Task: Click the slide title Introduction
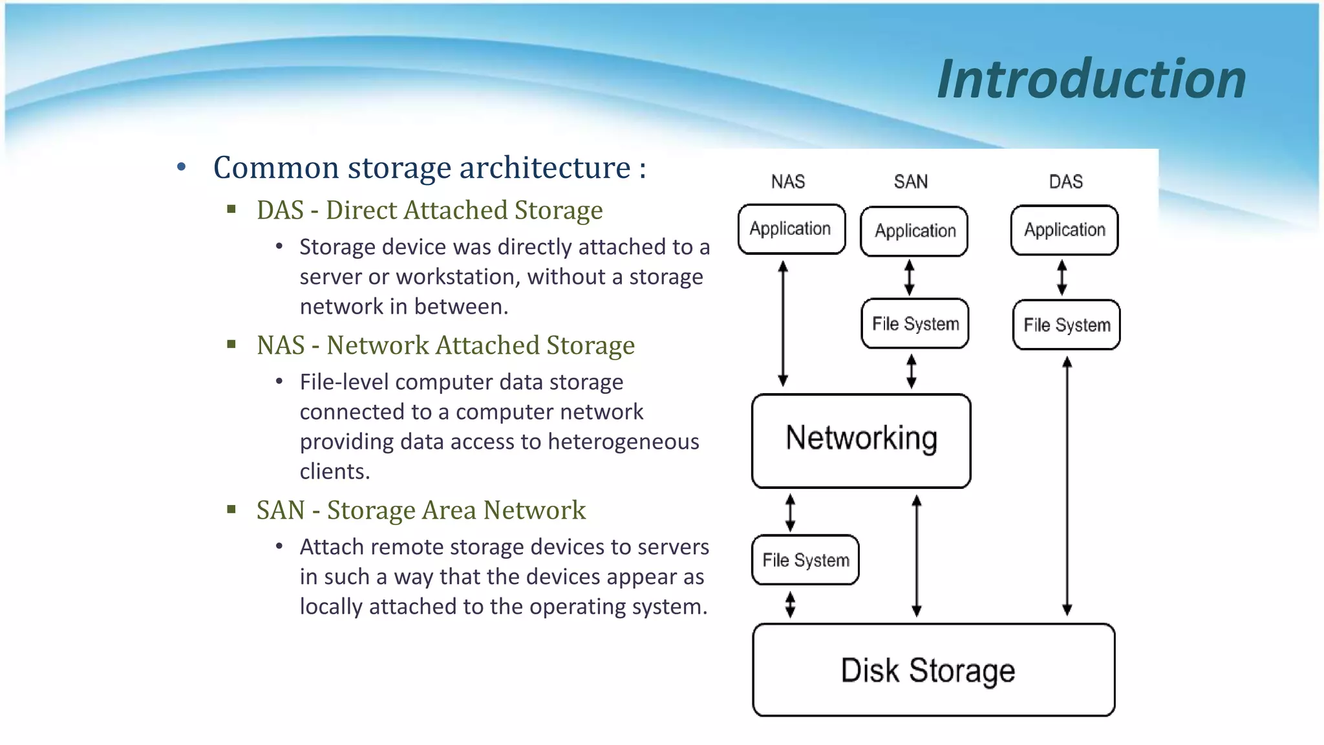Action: pyautogui.click(x=1091, y=79)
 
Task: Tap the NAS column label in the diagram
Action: pyautogui.click(x=787, y=182)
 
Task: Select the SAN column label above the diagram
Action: pyautogui.click(x=910, y=182)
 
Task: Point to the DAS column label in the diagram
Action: pyautogui.click(x=1065, y=182)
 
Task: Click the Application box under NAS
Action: pyautogui.click(x=791, y=229)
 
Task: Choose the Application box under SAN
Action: pyautogui.click(x=914, y=231)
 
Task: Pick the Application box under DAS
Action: pyautogui.click(x=1064, y=230)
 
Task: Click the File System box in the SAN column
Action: pyautogui.click(x=915, y=323)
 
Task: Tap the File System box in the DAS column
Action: pyautogui.click(x=1066, y=325)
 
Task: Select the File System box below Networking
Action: pyautogui.click(x=806, y=560)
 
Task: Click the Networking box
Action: pyautogui.click(x=861, y=440)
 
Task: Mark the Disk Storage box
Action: pyautogui.click(x=933, y=670)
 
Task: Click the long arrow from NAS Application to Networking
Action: pyautogui.click(x=783, y=323)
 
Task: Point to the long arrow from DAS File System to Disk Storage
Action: pyautogui.click(x=1067, y=485)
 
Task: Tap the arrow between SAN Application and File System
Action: pyautogui.click(x=909, y=277)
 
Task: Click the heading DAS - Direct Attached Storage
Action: pyautogui.click(x=429, y=210)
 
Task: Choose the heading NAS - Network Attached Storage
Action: pyautogui.click(x=445, y=345)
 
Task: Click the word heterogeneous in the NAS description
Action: pyautogui.click(x=623, y=442)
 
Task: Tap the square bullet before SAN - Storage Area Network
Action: pyautogui.click(x=231, y=510)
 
